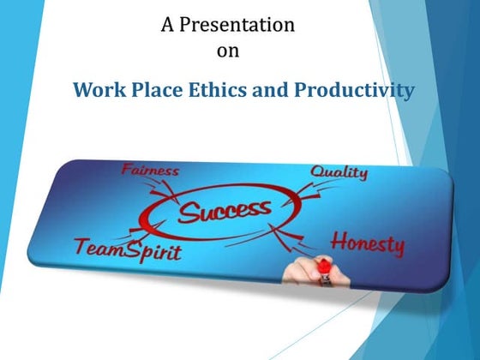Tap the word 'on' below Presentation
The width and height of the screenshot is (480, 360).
(x=229, y=51)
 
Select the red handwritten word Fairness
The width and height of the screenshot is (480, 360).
(x=152, y=169)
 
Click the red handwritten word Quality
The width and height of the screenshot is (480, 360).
(x=339, y=172)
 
